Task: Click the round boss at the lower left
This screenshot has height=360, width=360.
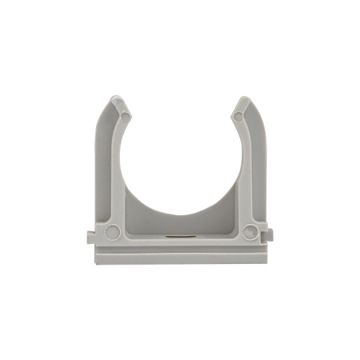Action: pos(112,232)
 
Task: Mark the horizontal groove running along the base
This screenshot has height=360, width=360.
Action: pos(181,246)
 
